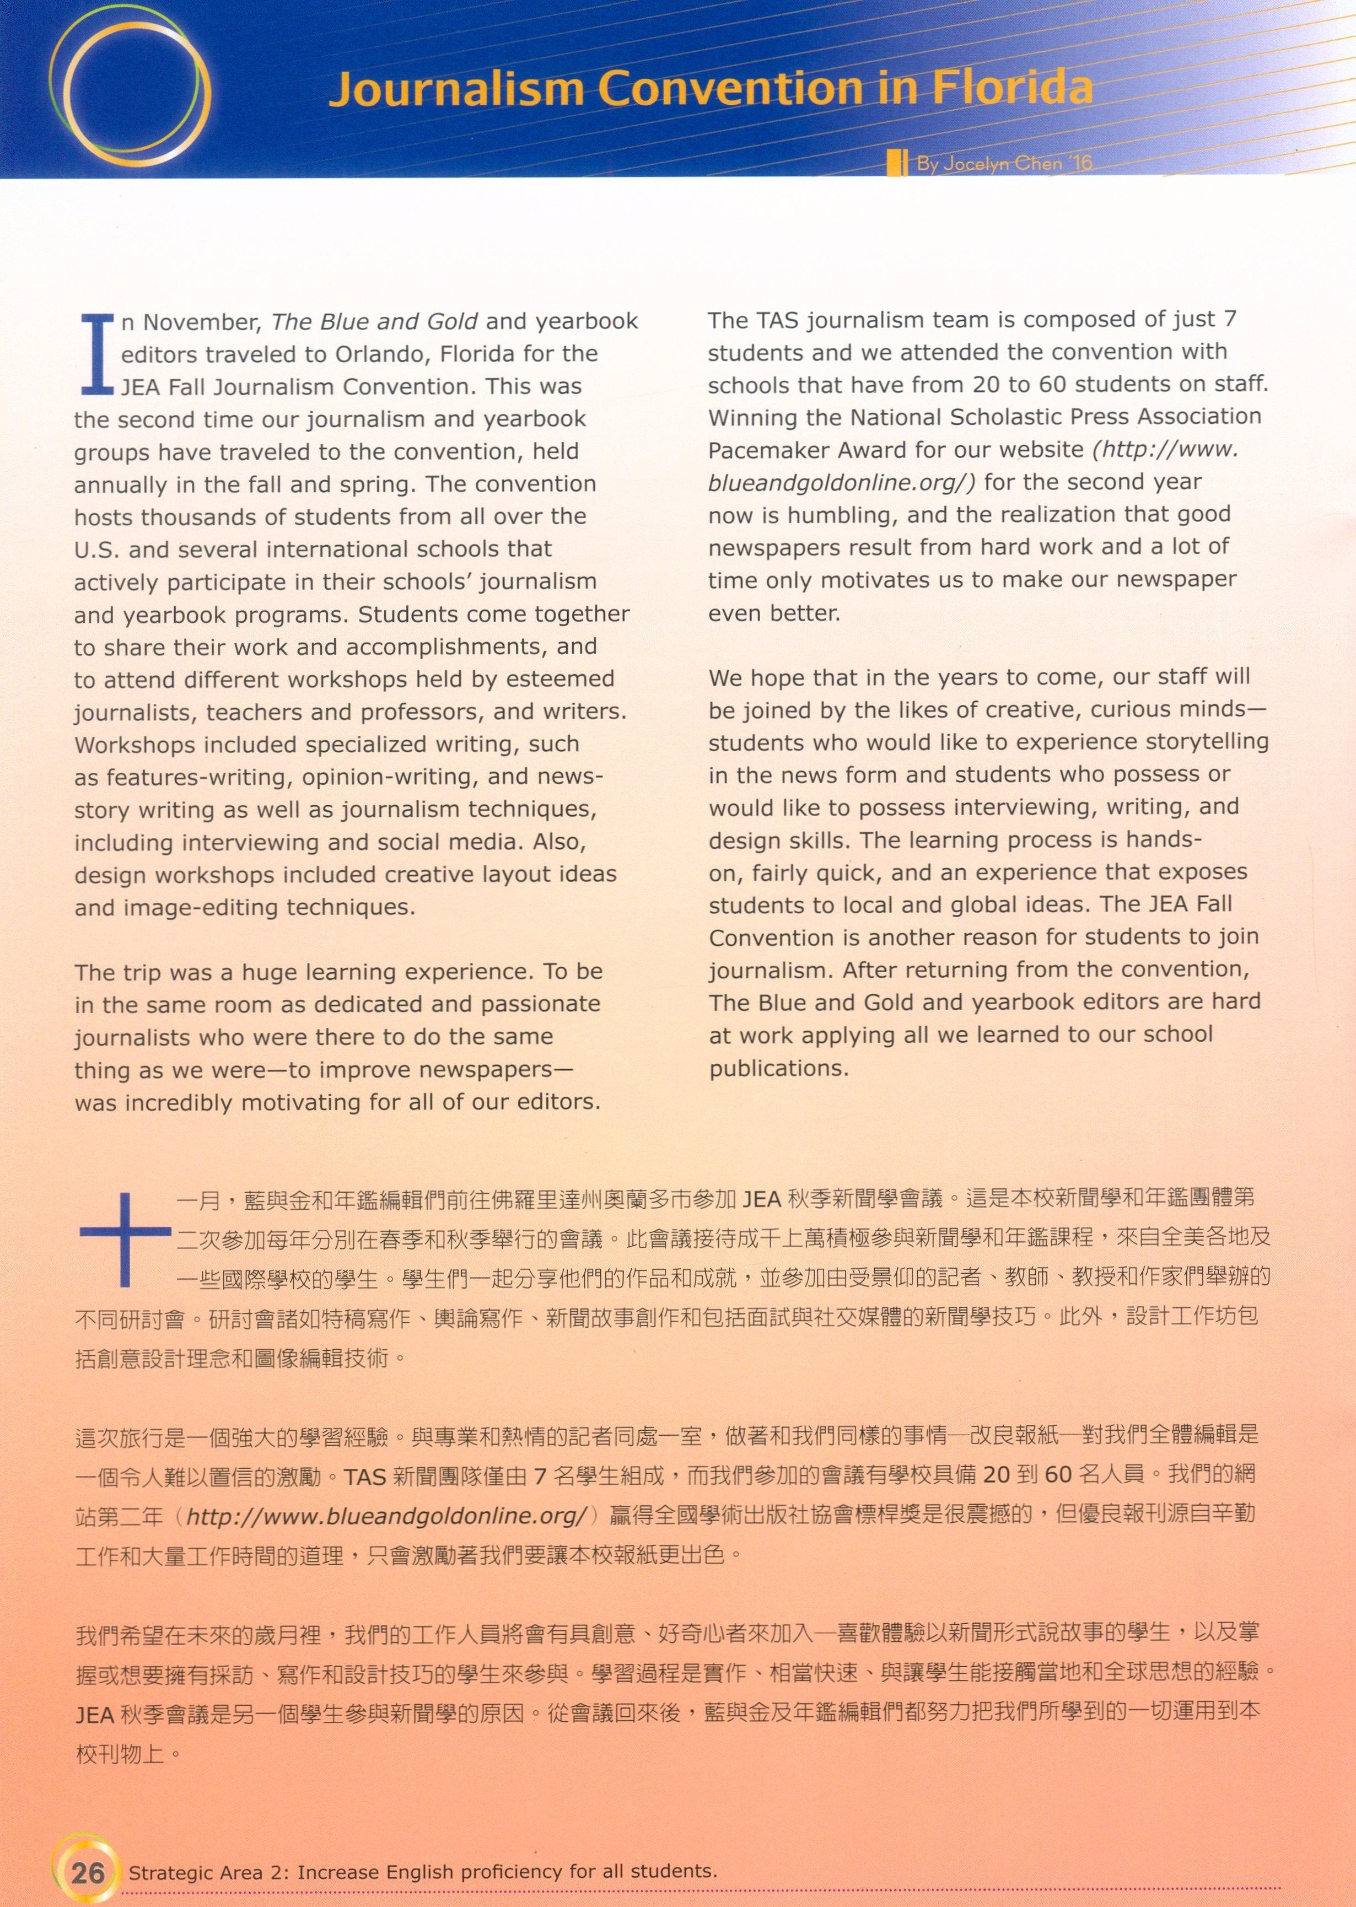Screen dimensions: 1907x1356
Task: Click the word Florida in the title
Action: (1012, 88)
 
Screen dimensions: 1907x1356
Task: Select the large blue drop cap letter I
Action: (97, 354)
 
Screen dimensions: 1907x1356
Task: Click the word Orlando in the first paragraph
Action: (379, 354)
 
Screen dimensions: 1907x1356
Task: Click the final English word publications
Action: (778, 1069)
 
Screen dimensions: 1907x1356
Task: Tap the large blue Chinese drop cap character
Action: (125, 1238)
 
